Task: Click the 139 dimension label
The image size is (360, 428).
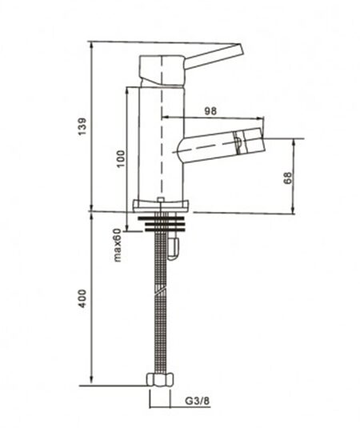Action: point(82,126)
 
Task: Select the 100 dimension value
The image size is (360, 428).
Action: point(120,159)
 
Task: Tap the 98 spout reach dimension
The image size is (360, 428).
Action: point(210,111)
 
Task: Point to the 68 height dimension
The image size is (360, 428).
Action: point(288,178)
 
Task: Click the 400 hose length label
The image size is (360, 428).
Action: point(82,298)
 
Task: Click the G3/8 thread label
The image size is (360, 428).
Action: point(198,401)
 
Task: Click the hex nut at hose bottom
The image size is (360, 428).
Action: point(160,380)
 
